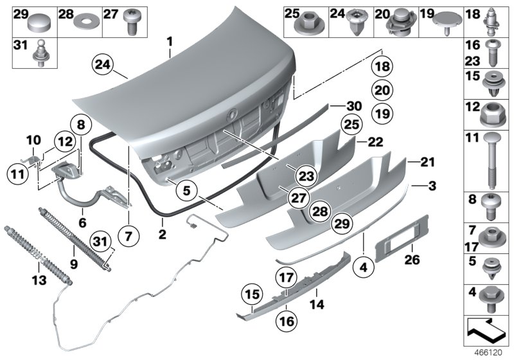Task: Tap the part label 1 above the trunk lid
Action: (170, 42)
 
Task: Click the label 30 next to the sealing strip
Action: (353, 106)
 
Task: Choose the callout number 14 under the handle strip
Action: (315, 301)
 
